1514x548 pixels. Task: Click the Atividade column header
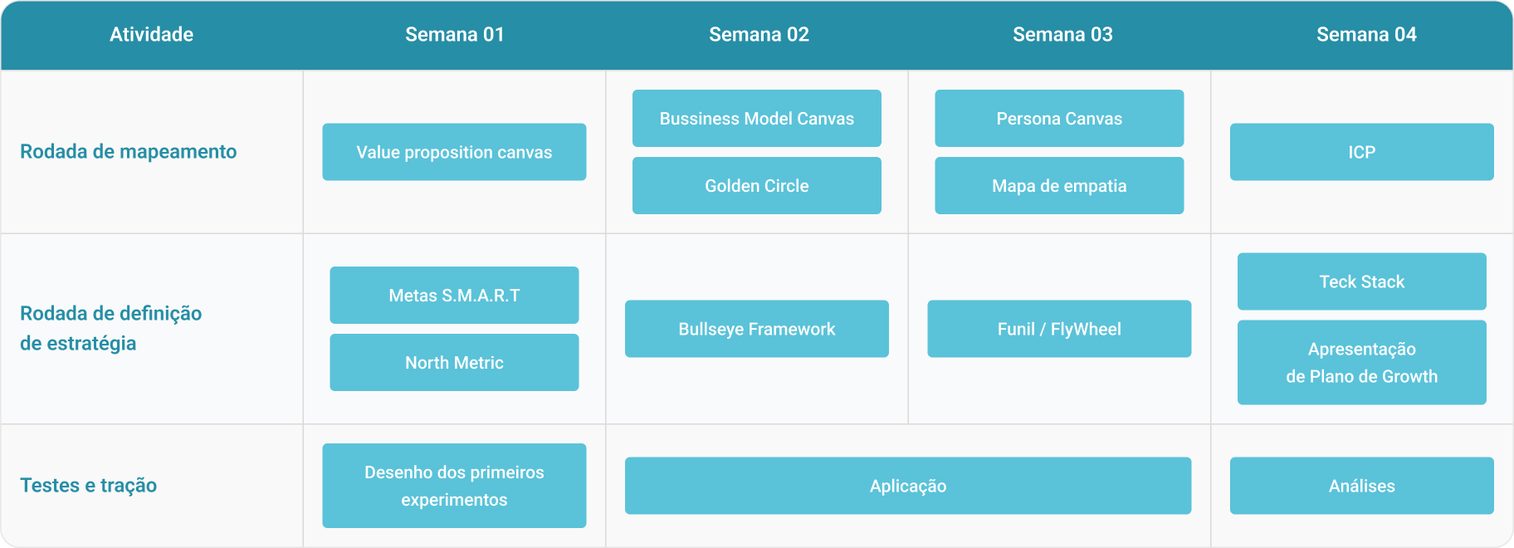pyautogui.click(x=151, y=35)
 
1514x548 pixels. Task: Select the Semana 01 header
pyautogui.click(x=455, y=35)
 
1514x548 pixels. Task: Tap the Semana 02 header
pyautogui.click(x=759, y=35)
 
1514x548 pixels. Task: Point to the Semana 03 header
pyautogui.click(x=1062, y=35)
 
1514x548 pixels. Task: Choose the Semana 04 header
pyautogui.click(x=1366, y=35)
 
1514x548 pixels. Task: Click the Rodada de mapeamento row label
pyautogui.click(x=129, y=152)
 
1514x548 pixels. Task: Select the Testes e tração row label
pyautogui.click(x=89, y=486)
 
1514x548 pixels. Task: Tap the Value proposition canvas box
pyautogui.click(x=454, y=152)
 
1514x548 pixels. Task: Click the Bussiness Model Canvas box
pyautogui.click(x=757, y=119)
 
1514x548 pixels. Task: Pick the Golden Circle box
pyautogui.click(x=757, y=186)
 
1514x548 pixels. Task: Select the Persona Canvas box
pyautogui.click(x=1059, y=119)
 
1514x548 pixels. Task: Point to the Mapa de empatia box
pyautogui.click(x=1059, y=186)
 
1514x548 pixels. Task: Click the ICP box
pyautogui.click(x=1362, y=152)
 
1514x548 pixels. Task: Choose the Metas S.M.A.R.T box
pyautogui.click(x=454, y=296)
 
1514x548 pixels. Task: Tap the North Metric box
pyautogui.click(x=454, y=363)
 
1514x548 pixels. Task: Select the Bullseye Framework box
pyautogui.click(x=757, y=329)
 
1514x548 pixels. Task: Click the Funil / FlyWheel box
pyautogui.click(x=1059, y=329)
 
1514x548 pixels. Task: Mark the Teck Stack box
pyautogui.click(x=1362, y=281)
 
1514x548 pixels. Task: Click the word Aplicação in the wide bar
pyautogui.click(x=908, y=487)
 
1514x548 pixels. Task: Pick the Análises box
pyautogui.click(x=1362, y=486)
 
